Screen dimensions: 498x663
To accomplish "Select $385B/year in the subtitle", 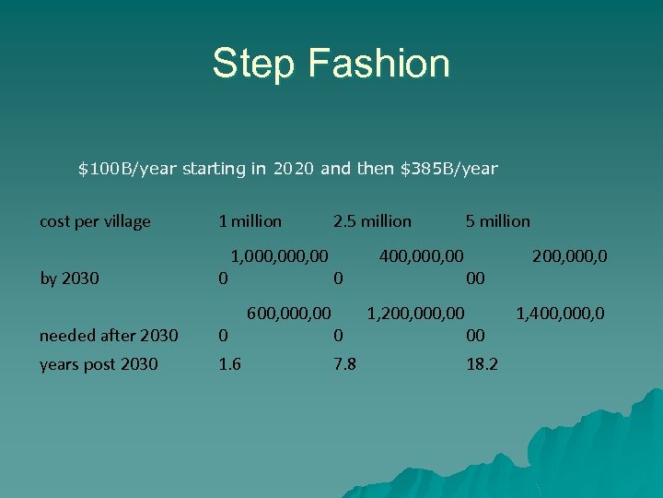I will (449, 169).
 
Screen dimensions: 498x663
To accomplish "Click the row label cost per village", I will (95, 221).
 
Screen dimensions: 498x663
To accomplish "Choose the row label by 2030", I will (69, 278).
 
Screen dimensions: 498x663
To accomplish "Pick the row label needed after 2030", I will (109, 336).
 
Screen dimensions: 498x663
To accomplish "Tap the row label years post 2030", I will (99, 364).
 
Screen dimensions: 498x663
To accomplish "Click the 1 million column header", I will (250, 221).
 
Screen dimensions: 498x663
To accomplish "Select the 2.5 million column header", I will (372, 221).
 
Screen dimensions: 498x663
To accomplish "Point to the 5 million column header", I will (497, 221).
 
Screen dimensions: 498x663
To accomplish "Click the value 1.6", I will (229, 364).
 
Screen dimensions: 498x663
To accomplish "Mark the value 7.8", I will (344, 364).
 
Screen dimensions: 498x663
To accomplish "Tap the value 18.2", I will (482, 364).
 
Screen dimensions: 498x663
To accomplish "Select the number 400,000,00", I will (421, 255).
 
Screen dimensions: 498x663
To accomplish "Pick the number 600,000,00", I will (287, 314).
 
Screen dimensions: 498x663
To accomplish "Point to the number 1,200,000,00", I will (415, 314).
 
